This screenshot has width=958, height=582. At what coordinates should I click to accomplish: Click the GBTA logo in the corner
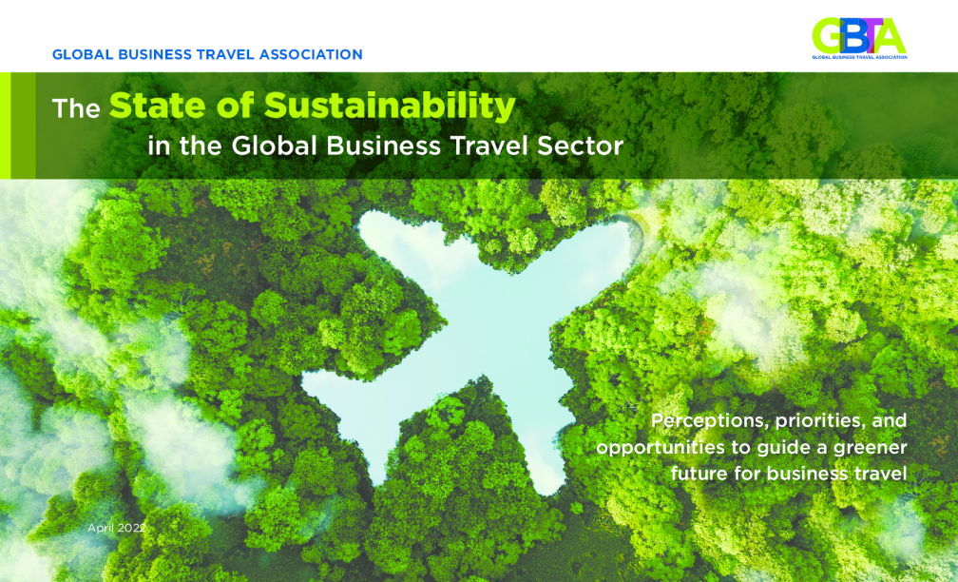point(859,38)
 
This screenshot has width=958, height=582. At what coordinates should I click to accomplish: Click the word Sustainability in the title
point(390,106)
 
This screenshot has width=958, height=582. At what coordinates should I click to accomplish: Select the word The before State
point(76,108)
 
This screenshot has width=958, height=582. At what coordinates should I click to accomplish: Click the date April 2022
point(117,528)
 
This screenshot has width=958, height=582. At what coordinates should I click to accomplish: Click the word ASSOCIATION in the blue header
point(311,54)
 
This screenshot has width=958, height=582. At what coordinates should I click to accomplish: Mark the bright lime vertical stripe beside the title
point(6,126)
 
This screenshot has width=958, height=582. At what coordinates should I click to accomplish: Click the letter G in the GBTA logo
point(829,36)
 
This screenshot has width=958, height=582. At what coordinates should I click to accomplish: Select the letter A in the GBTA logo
point(891,36)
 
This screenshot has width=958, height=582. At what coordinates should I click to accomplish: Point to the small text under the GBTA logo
point(859,57)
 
